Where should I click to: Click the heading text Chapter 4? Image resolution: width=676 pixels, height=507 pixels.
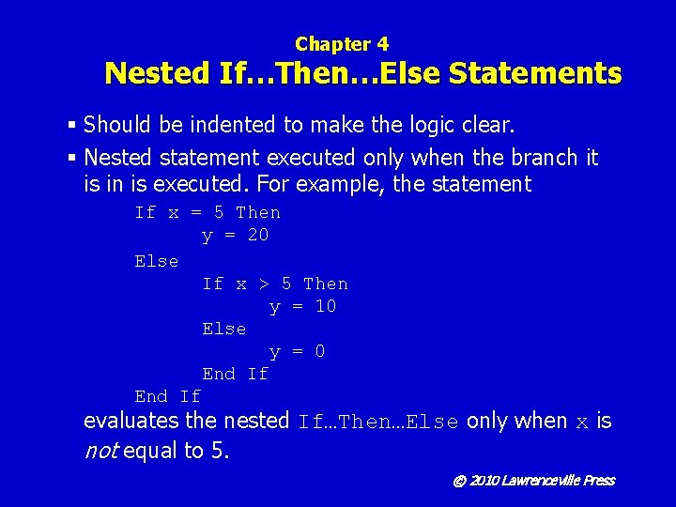[x=341, y=43]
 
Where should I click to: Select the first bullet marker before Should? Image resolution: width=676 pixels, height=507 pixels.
[x=73, y=125]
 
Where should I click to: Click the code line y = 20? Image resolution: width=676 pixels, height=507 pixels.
[x=235, y=235]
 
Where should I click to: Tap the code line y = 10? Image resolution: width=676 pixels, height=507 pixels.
[x=302, y=306]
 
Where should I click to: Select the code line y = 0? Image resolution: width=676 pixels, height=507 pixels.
[x=297, y=351]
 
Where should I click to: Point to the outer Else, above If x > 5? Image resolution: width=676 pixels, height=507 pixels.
[x=156, y=261]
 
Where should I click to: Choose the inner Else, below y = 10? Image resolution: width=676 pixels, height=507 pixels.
[x=223, y=329]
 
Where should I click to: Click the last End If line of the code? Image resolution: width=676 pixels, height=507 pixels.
[x=167, y=396]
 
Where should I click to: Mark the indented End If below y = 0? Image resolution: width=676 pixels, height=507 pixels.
[x=235, y=374]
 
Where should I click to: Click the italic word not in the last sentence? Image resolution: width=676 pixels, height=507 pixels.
[x=100, y=451]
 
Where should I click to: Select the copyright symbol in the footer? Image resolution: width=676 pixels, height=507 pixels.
[x=459, y=481]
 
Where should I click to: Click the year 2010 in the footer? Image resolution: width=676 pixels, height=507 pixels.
[x=484, y=481]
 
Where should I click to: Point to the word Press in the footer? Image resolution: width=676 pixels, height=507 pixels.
[x=598, y=481]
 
